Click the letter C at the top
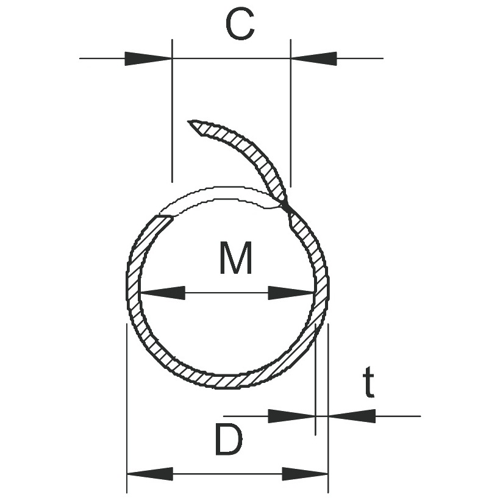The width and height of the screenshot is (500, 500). pos(240,24)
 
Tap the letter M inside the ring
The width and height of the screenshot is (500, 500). pos(236,258)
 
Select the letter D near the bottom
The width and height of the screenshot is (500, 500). pos(229,439)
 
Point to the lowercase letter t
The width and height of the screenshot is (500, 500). pos(368,382)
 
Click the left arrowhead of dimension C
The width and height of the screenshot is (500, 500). pos(148,59)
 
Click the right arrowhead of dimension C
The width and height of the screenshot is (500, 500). pos(314,59)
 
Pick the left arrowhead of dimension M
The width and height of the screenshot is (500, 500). pos(163,293)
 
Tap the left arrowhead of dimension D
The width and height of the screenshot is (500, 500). pos(150,474)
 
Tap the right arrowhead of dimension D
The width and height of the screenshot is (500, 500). pos(305,474)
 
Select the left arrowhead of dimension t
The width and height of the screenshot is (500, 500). pos(291,416)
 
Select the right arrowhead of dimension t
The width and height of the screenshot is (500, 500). pos(352,416)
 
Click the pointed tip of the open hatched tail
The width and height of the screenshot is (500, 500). pos(188,121)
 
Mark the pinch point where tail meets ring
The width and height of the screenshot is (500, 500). pos(288,207)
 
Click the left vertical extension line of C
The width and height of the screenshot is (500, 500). pos(172,110)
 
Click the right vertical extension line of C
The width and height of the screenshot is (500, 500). pos(290,113)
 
